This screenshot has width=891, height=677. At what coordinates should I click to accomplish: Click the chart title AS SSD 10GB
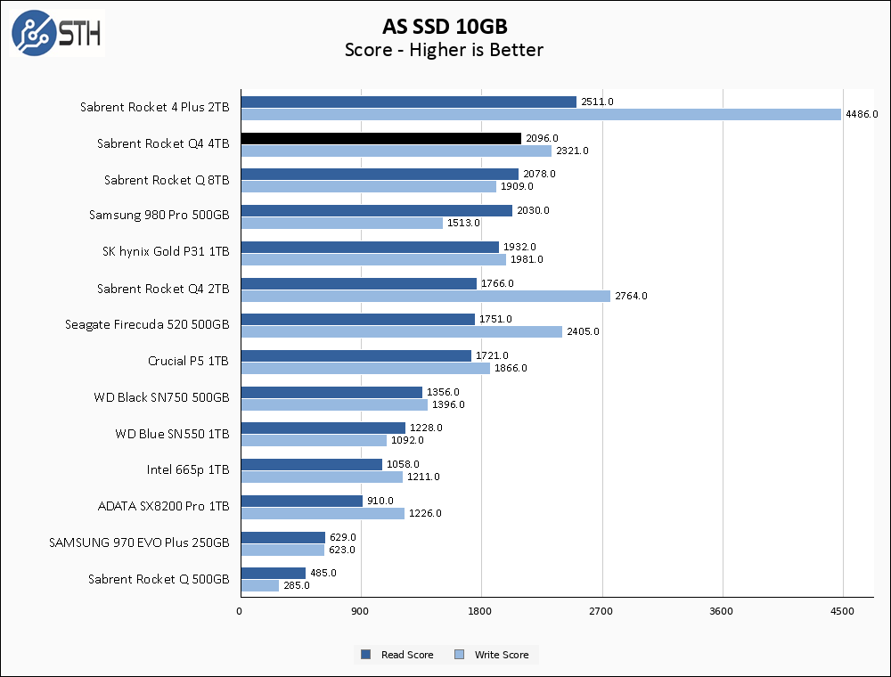[445, 26]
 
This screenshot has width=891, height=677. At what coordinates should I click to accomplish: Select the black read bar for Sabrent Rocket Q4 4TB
[380, 138]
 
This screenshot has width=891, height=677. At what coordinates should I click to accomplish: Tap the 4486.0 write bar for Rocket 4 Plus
[541, 114]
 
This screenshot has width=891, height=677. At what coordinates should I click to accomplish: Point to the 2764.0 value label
[631, 296]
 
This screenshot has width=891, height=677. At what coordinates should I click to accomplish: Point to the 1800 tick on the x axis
[481, 611]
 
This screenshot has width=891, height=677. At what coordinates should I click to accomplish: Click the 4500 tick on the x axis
[842, 611]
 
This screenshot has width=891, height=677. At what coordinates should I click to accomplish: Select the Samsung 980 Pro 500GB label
[159, 216]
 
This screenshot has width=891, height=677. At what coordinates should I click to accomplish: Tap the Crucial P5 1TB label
[189, 361]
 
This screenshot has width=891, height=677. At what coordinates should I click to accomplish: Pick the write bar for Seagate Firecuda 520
[402, 331]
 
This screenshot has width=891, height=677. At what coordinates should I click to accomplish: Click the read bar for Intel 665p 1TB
[311, 464]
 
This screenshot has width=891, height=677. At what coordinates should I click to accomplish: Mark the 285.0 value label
[296, 585]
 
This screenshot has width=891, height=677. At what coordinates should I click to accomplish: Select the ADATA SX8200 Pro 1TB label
[164, 506]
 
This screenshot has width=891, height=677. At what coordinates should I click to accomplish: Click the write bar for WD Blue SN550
[314, 440]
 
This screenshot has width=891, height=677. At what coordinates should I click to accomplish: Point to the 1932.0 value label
[520, 247]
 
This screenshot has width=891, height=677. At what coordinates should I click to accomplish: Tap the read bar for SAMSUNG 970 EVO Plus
[282, 537]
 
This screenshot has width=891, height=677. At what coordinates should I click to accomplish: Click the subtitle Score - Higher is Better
[445, 50]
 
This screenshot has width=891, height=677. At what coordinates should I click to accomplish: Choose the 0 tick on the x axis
[239, 611]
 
